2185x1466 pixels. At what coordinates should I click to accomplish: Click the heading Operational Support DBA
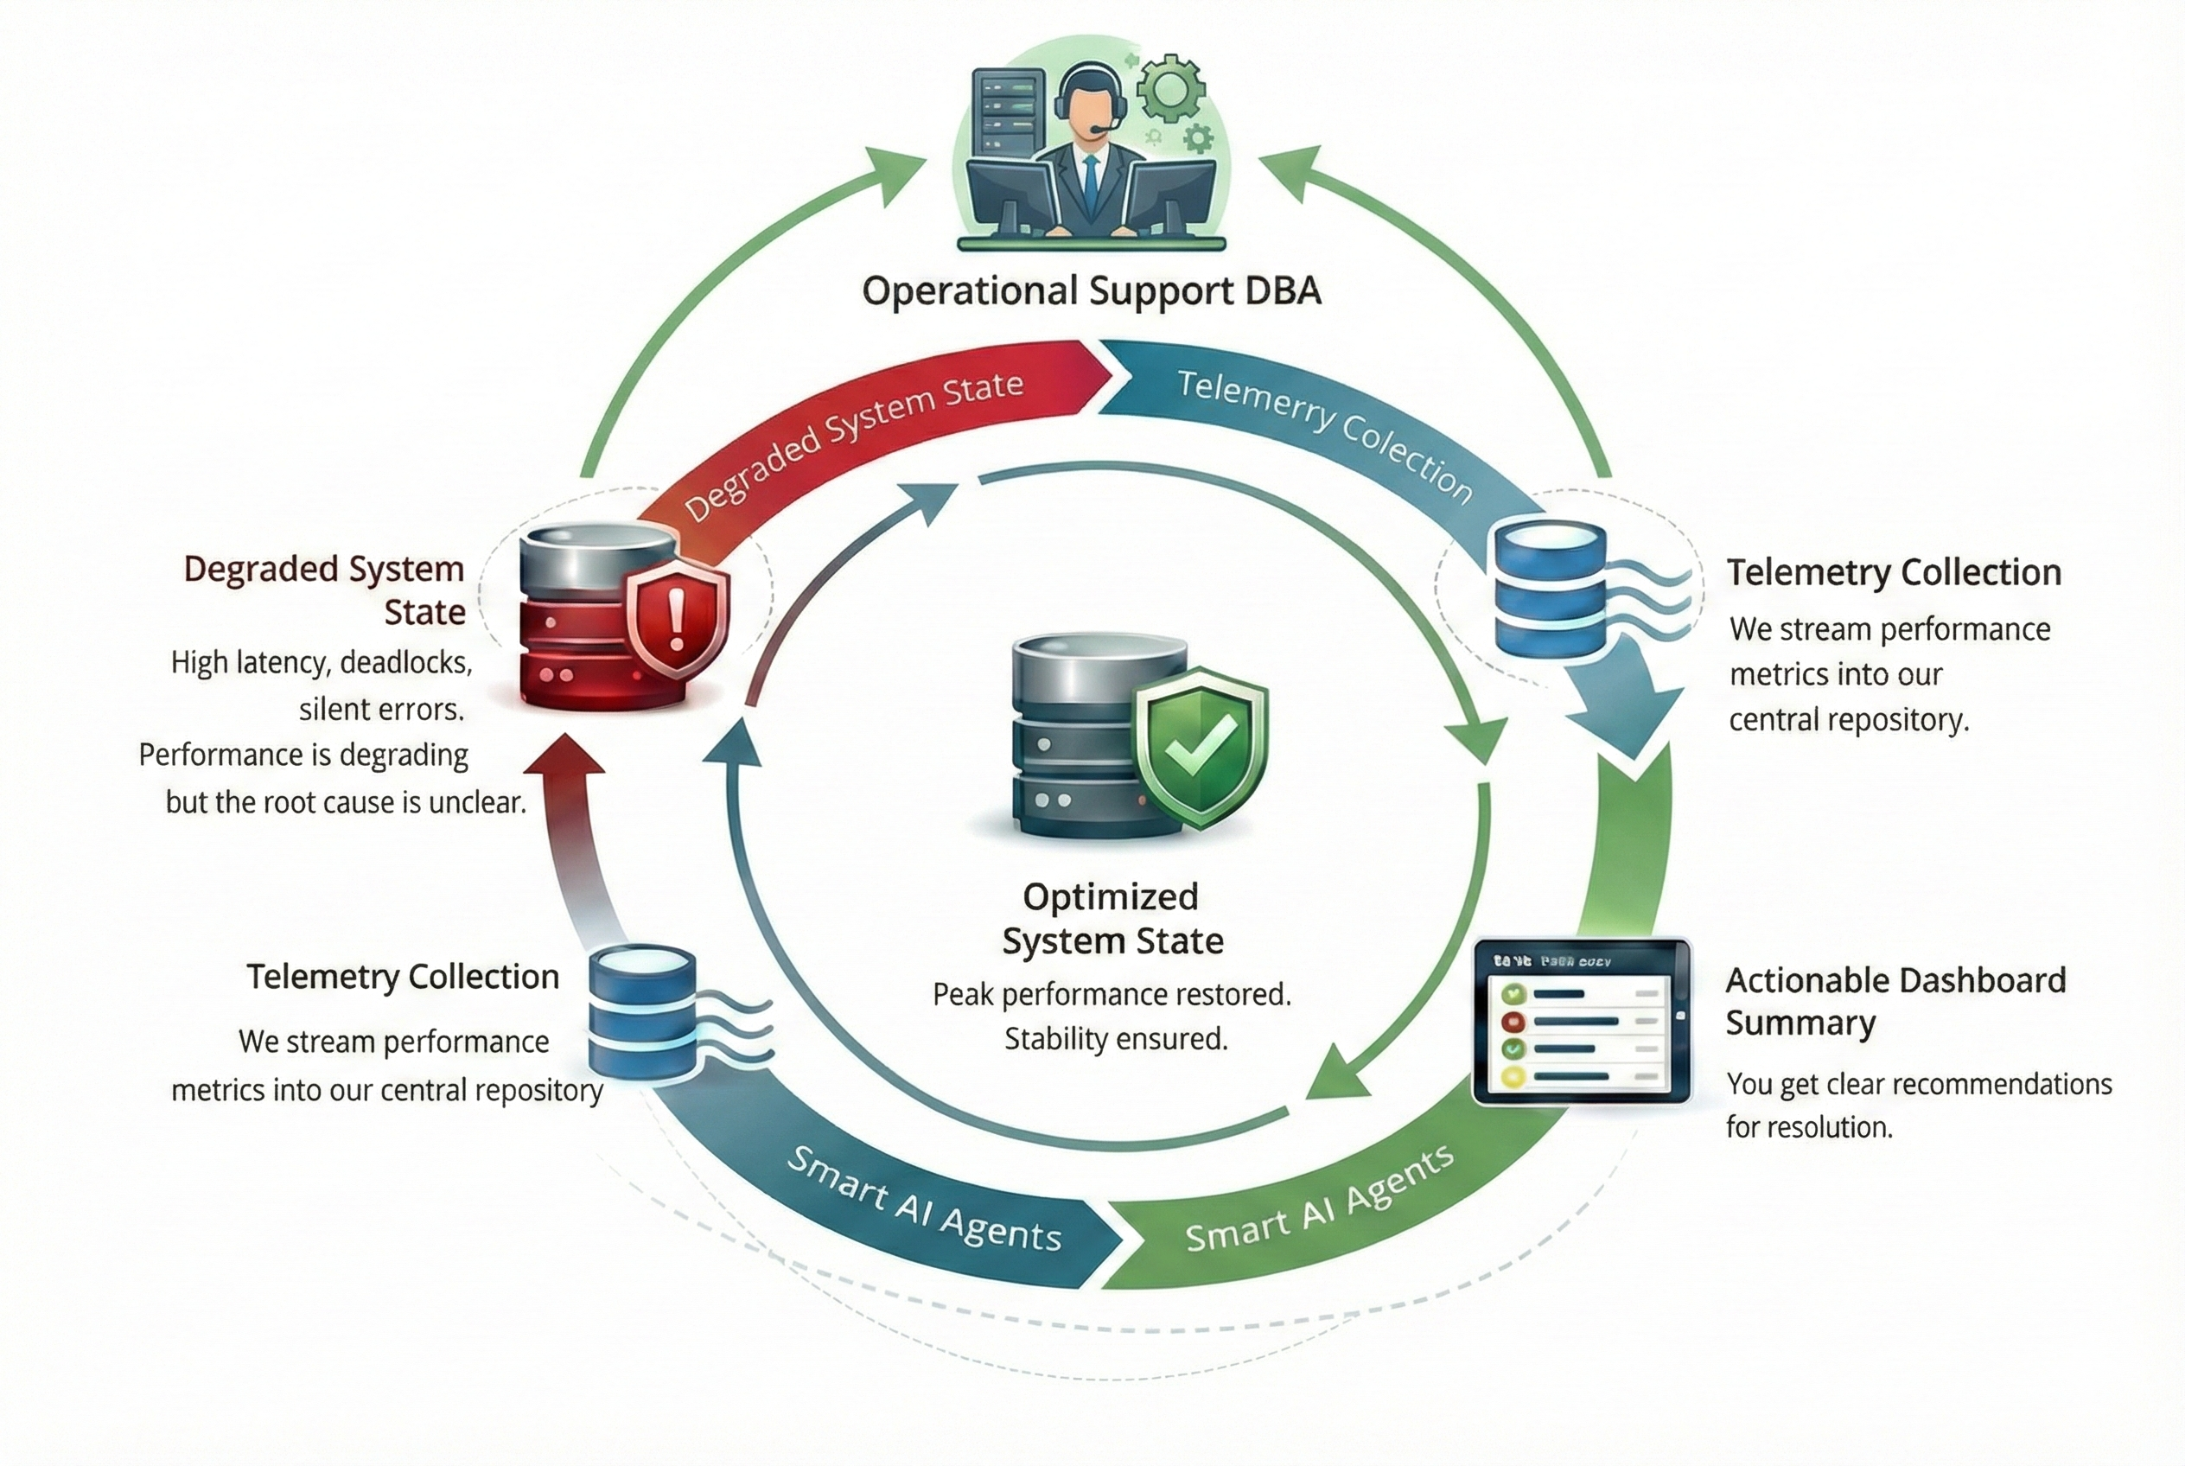(1091, 290)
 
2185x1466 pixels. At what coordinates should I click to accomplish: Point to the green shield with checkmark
(1201, 745)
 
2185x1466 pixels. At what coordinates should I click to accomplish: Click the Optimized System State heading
(1111, 918)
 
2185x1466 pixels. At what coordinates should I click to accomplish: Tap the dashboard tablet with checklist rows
(1580, 1022)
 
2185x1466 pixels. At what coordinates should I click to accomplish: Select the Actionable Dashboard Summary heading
(1895, 1001)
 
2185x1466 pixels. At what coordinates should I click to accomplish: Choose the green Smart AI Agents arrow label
(1318, 1200)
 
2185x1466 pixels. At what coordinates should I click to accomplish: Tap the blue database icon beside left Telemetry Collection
(643, 1012)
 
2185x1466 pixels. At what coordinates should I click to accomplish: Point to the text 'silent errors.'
(381, 710)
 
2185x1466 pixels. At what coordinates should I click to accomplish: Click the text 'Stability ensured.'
(1116, 1039)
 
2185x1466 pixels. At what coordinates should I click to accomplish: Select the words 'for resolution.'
(1808, 1127)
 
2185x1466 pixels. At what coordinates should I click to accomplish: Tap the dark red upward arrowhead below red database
(564, 755)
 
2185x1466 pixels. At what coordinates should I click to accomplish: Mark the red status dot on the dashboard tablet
(1513, 1022)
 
